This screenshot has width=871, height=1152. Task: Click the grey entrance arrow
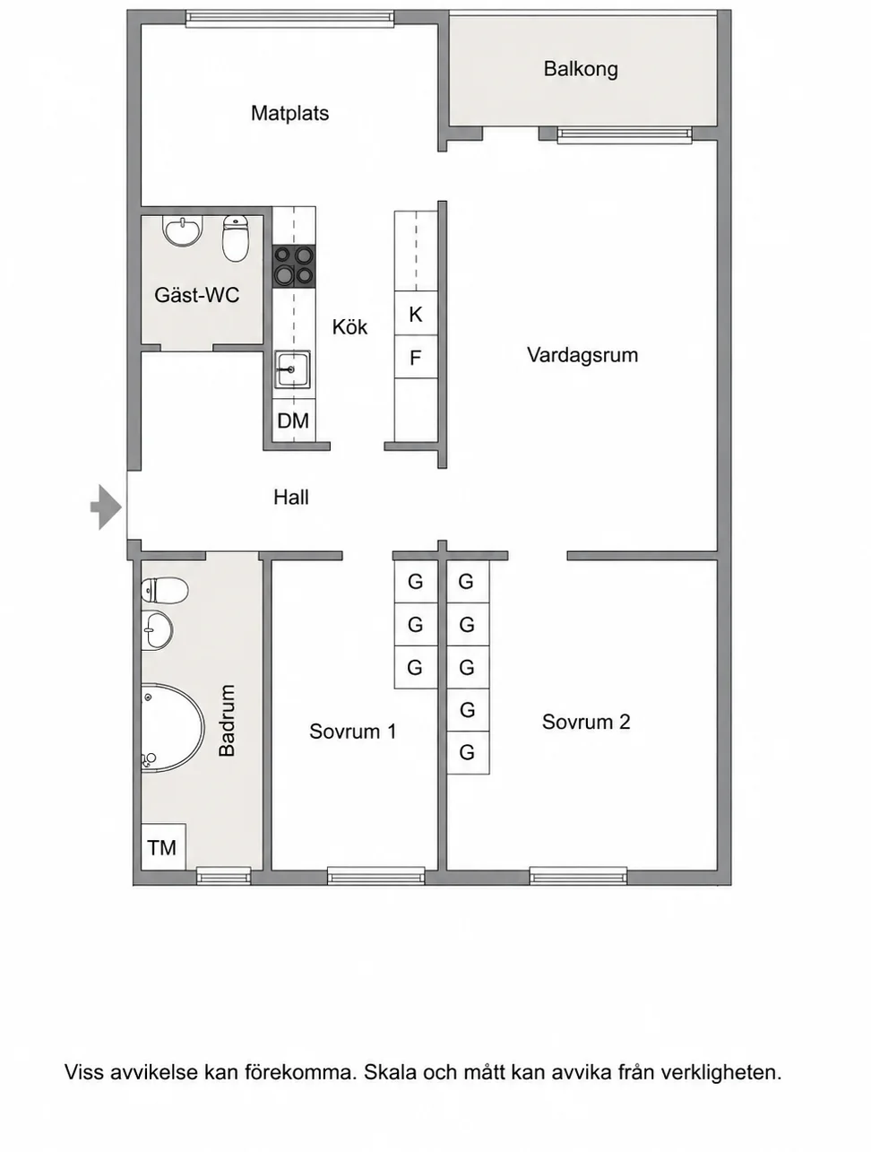[106, 507]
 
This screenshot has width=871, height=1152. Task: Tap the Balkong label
[581, 69]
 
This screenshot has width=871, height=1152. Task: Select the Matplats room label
[289, 113]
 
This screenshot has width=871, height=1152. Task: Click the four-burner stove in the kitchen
[294, 265]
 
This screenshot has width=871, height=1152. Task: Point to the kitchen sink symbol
[292, 369]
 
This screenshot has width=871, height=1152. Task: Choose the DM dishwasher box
[293, 420]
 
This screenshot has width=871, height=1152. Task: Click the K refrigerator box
[416, 313]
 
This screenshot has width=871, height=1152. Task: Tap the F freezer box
[416, 357]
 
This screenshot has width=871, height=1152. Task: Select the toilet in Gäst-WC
[236, 238]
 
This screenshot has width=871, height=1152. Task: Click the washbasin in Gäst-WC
[182, 231]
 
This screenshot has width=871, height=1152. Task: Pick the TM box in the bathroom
[163, 847]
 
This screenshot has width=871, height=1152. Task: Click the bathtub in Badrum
[172, 727]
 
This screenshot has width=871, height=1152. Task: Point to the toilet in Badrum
[165, 591]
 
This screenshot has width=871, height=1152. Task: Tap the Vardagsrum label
[582, 355]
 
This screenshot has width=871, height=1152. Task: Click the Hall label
[291, 497]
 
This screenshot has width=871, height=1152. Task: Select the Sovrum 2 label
[586, 722]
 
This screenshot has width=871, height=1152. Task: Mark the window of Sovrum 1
[376, 875]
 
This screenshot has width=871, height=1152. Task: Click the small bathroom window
[223, 875]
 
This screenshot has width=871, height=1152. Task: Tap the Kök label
[349, 326]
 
